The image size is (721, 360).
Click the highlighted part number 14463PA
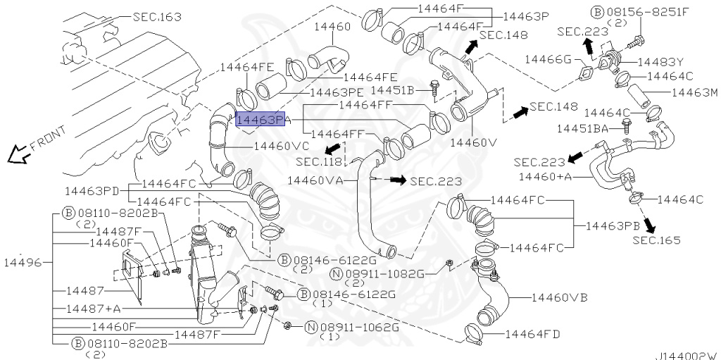point(261,121)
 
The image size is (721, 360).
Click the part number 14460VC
point(281,147)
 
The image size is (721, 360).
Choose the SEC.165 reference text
point(656,240)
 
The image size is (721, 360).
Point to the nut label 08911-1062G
point(358,328)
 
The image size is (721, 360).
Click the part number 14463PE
point(336,92)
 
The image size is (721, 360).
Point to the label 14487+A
point(94,309)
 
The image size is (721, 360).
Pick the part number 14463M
point(694,92)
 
